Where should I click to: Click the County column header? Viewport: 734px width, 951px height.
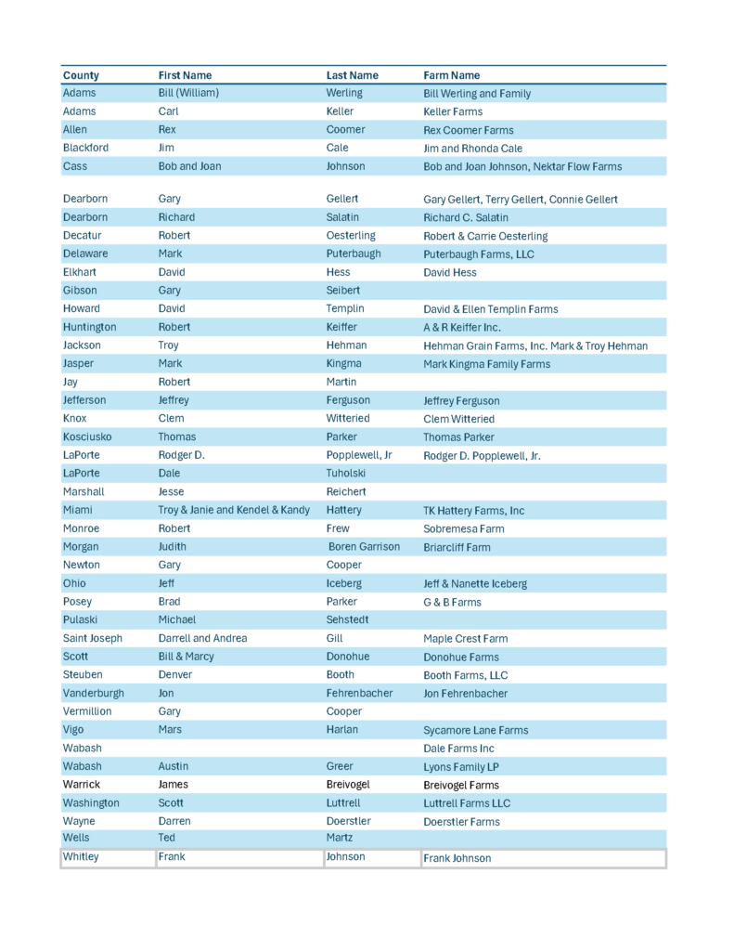(81, 75)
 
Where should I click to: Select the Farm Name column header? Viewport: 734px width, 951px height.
(452, 75)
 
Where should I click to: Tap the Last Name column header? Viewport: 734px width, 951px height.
(353, 75)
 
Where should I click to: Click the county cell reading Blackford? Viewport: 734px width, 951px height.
(85, 148)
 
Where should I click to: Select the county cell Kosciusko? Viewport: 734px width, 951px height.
(89, 436)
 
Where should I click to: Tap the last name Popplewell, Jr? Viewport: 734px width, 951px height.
(359, 455)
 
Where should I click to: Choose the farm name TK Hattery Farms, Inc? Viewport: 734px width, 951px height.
(473, 511)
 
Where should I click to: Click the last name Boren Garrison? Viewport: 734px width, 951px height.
(364, 547)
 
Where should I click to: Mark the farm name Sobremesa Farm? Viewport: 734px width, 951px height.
(464, 529)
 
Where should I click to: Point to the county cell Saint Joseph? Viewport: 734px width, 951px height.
(93, 638)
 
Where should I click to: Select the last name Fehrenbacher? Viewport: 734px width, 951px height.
(359, 693)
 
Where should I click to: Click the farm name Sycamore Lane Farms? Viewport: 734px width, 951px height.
(475, 730)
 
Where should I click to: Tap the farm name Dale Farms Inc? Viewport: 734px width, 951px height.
(458, 749)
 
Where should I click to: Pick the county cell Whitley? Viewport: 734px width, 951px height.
(81, 857)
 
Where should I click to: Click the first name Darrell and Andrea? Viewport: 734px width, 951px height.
(202, 638)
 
